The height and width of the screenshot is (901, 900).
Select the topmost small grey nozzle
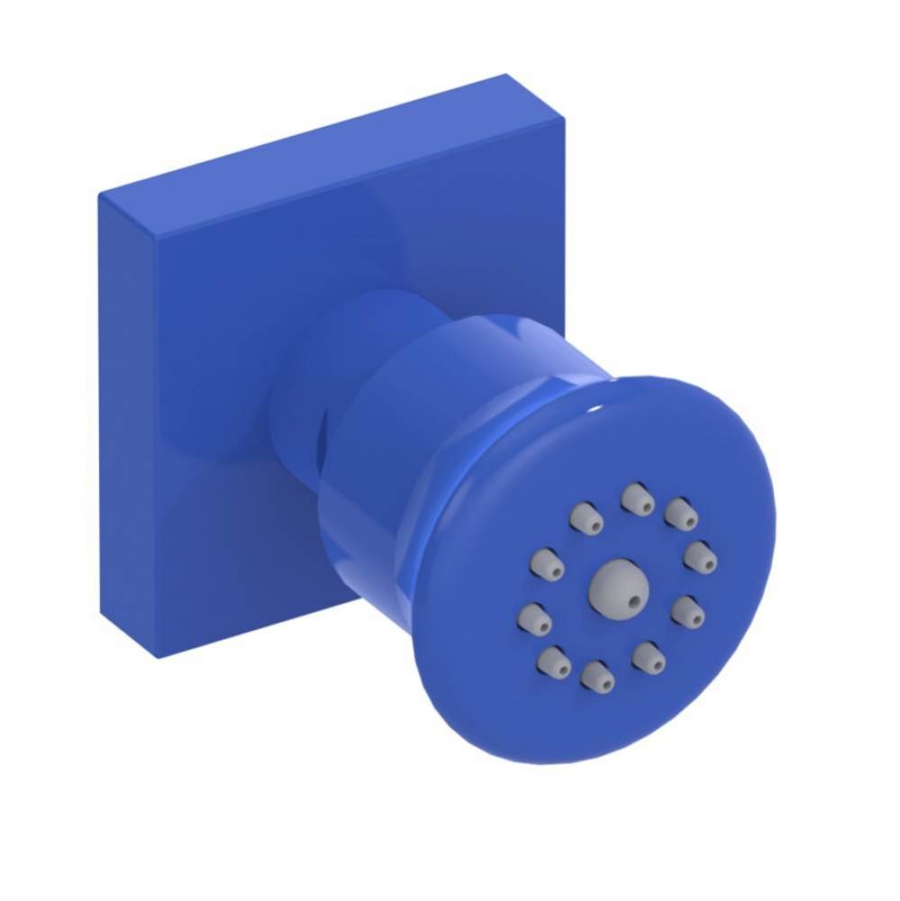(x=638, y=498)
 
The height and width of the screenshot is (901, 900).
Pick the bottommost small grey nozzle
(x=596, y=676)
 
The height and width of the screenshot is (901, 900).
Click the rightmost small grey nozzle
(x=700, y=556)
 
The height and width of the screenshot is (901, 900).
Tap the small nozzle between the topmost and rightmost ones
(x=682, y=514)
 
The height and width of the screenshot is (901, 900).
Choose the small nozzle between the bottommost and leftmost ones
(x=553, y=664)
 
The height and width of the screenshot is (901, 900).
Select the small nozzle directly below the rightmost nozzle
(x=688, y=612)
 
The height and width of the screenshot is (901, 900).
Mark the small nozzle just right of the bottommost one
(x=648, y=657)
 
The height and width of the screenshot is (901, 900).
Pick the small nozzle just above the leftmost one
(x=546, y=563)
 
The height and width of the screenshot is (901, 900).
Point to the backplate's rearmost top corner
(x=505, y=75)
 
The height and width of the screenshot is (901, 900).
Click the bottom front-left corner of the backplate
(x=159, y=657)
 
